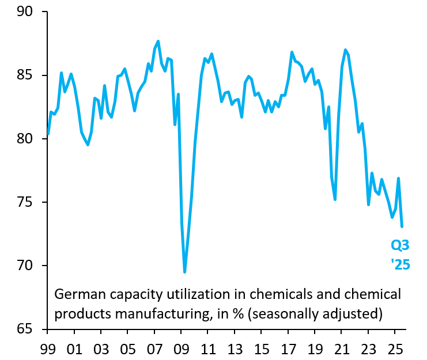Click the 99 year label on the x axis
point(47,349)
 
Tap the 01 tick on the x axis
point(74,349)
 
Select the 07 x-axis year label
point(154,349)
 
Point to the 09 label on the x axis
point(181,349)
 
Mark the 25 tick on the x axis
point(395,349)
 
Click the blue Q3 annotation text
point(400,246)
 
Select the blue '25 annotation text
point(400,266)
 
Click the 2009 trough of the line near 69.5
point(184,272)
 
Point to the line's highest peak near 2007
point(158,41)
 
